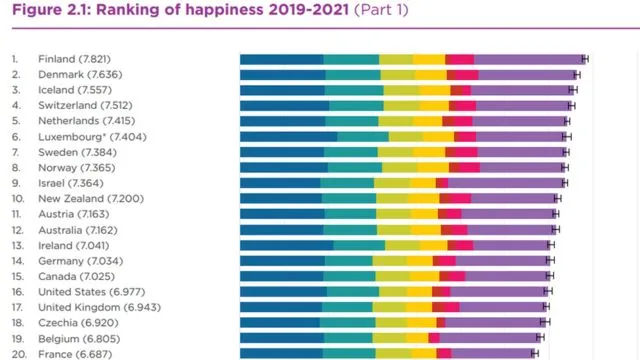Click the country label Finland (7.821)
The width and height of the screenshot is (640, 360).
pyautogui.click(x=74, y=59)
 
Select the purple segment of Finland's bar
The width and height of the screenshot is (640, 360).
pyautogui.click(x=529, y=59)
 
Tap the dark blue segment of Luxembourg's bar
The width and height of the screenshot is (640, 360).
pyautogui.click(x=289, y=137)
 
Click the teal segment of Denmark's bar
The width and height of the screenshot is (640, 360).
pyautogui.click(x=353, y=75)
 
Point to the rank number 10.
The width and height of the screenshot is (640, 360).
pyautogui.click(x=18, y=199)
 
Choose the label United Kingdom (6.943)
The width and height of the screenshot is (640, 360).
pyautogui.click(x=100, y=307)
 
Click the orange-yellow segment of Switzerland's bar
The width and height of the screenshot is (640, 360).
pyautogui.click(x=434, y=106)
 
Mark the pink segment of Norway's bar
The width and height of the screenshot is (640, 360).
pyautogui.click(x=469, y=168)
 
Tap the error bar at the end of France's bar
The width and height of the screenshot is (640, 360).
pyautogui.click(x=535, y=353)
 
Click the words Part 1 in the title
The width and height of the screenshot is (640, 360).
pyautogui.click(x=381, y=9)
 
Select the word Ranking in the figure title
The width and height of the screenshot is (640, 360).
pyautogui.click(x=128, y=10)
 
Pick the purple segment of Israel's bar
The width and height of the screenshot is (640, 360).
pyautogui.click(x=506, y=183)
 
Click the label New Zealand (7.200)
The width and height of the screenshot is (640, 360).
pyautogui.click(x=91, y=199)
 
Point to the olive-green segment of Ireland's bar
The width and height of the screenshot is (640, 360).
pyautogui.click(x=402, y=245)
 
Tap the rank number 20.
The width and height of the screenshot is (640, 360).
pyautogui.click(x=19, y=354)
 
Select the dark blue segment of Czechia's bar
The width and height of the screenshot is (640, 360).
pyautogui.click(x=280, y=323)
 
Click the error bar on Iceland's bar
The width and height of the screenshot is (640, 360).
pyautogui.click(x=573, y=90)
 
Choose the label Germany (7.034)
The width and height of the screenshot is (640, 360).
pyautogui.click(x=80, y=261)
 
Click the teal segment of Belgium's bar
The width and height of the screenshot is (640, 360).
pyautogui.click(x=348, y=338)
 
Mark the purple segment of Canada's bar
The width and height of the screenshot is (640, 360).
pyautogui.click(x=507, y=276)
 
